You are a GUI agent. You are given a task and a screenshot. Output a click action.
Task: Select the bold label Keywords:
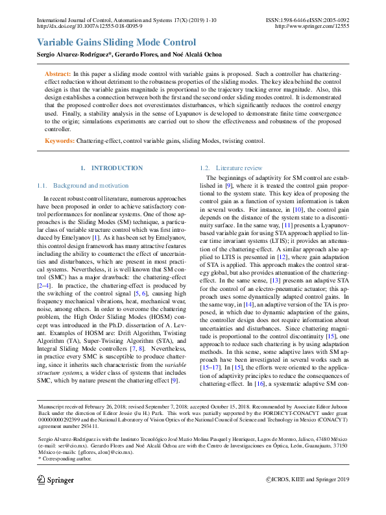[x=59, y=140]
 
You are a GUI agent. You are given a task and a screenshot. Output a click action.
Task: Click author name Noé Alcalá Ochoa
[x=197, y=55]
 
